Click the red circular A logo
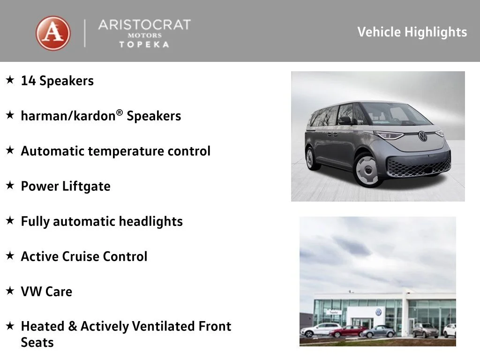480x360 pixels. tap(53, 33)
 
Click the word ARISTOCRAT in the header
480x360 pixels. tap(144, 25)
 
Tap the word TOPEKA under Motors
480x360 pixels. tap(144, 45)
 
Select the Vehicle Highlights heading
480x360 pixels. tap(412, 32)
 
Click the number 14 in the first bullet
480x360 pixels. tap(28, 81)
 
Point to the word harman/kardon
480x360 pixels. tap(68, 116)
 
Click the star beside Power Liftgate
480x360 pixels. tap(10, 185)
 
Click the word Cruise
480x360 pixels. tap(81, 256)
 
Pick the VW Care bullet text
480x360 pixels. tap(46, 292)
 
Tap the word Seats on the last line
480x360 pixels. tap(37, 343)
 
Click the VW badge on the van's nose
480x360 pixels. tap(423, 136)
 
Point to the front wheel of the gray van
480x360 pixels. tap(367, 170)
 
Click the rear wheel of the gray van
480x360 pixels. tap(311, 158)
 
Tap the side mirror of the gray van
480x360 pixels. tap(345, 120)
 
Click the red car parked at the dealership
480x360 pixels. tap(348, 331)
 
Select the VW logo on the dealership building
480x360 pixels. tap(379, 312)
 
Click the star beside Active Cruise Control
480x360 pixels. tap(10, 255)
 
